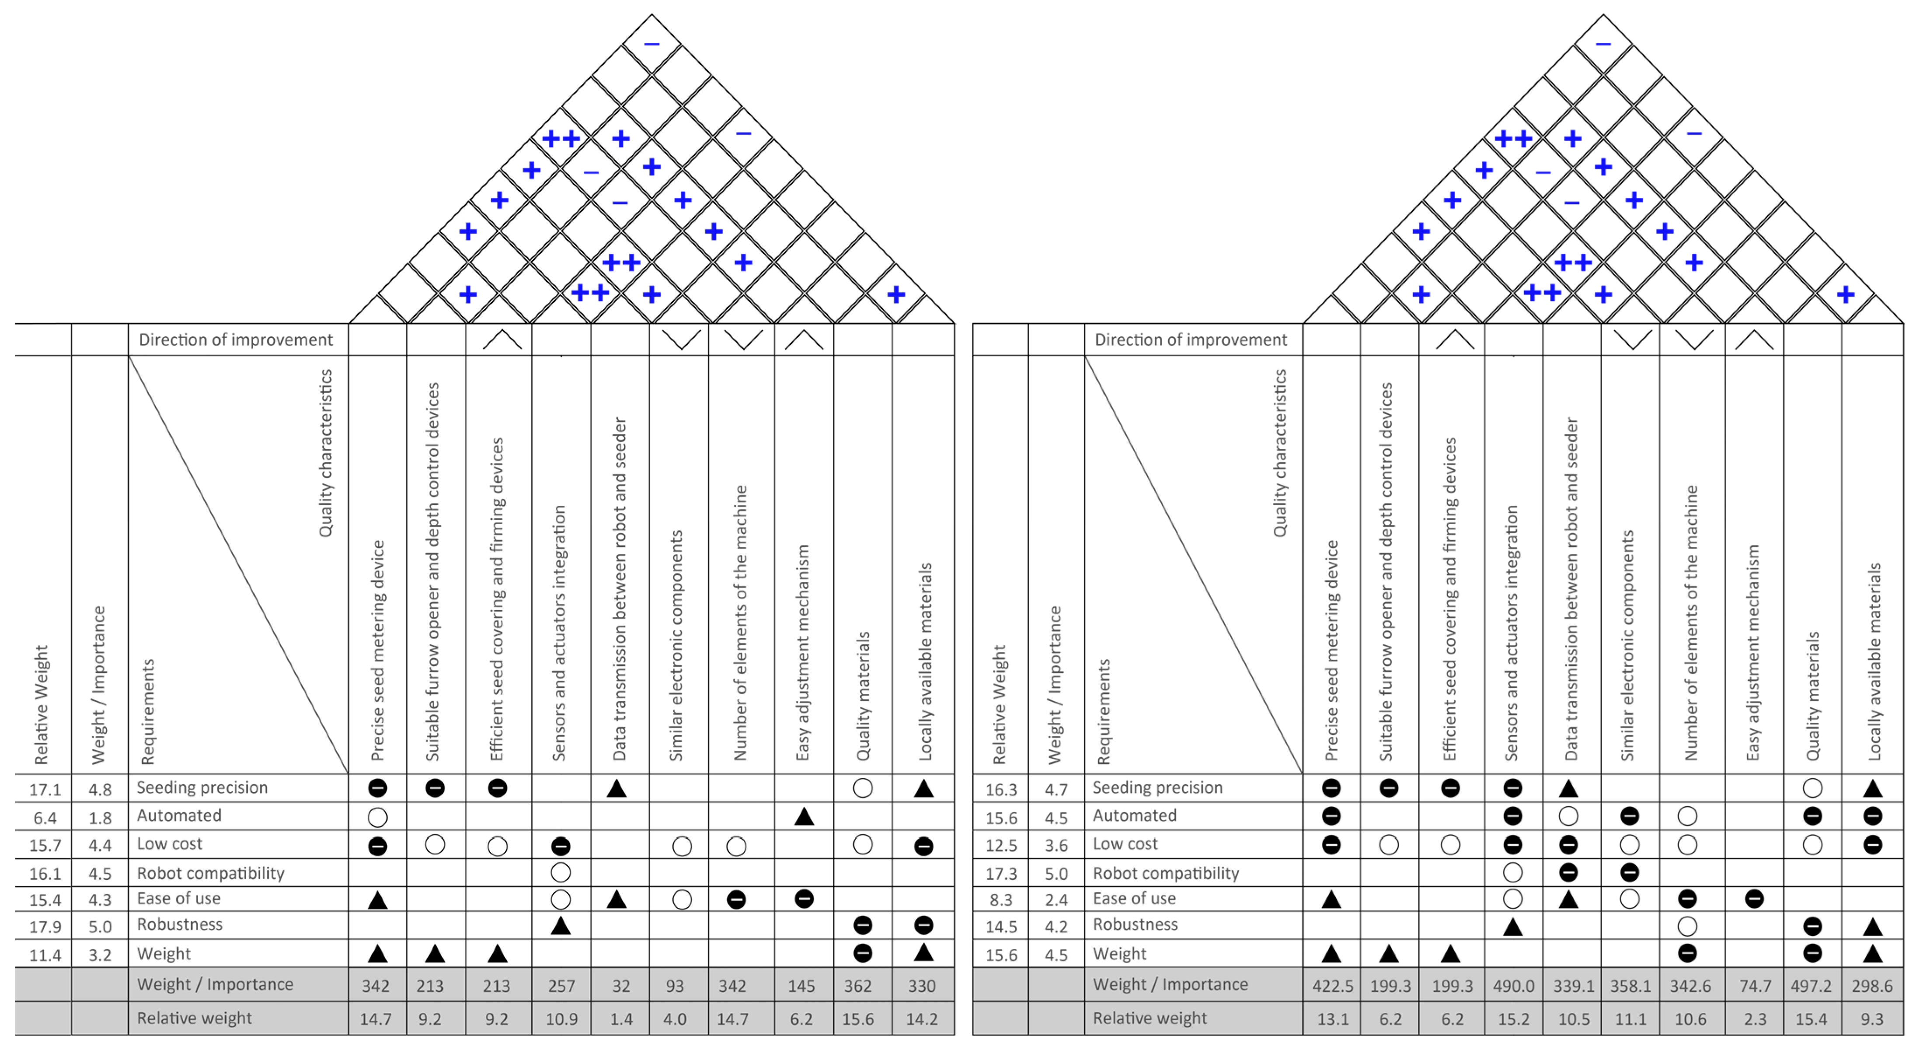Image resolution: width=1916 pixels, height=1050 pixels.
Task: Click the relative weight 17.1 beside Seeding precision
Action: (45, 789)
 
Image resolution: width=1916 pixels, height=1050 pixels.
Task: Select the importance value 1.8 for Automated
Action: (100, 818)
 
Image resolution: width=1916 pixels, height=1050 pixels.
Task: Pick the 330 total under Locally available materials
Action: (922, 986)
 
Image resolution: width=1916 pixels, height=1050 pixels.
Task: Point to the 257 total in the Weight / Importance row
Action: (561, 986)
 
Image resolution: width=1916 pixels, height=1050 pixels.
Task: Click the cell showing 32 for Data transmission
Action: (621, 986)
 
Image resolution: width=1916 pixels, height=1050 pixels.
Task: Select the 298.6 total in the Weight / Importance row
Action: (1872, 986)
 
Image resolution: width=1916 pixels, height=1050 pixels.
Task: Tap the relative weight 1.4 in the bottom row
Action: (621, 1019)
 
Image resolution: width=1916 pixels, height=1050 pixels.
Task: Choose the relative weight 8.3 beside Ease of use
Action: (1001, 899)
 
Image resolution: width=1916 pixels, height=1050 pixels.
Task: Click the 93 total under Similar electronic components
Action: (675, 986)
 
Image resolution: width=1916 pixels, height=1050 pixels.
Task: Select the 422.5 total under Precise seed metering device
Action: (1333, 986)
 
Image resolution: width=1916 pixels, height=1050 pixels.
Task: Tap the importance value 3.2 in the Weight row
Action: (100, 955)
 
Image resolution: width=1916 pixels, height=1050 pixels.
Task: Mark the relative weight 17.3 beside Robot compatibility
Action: (1001, 873)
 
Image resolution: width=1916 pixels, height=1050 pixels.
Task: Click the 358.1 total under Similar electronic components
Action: (1630, 986)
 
